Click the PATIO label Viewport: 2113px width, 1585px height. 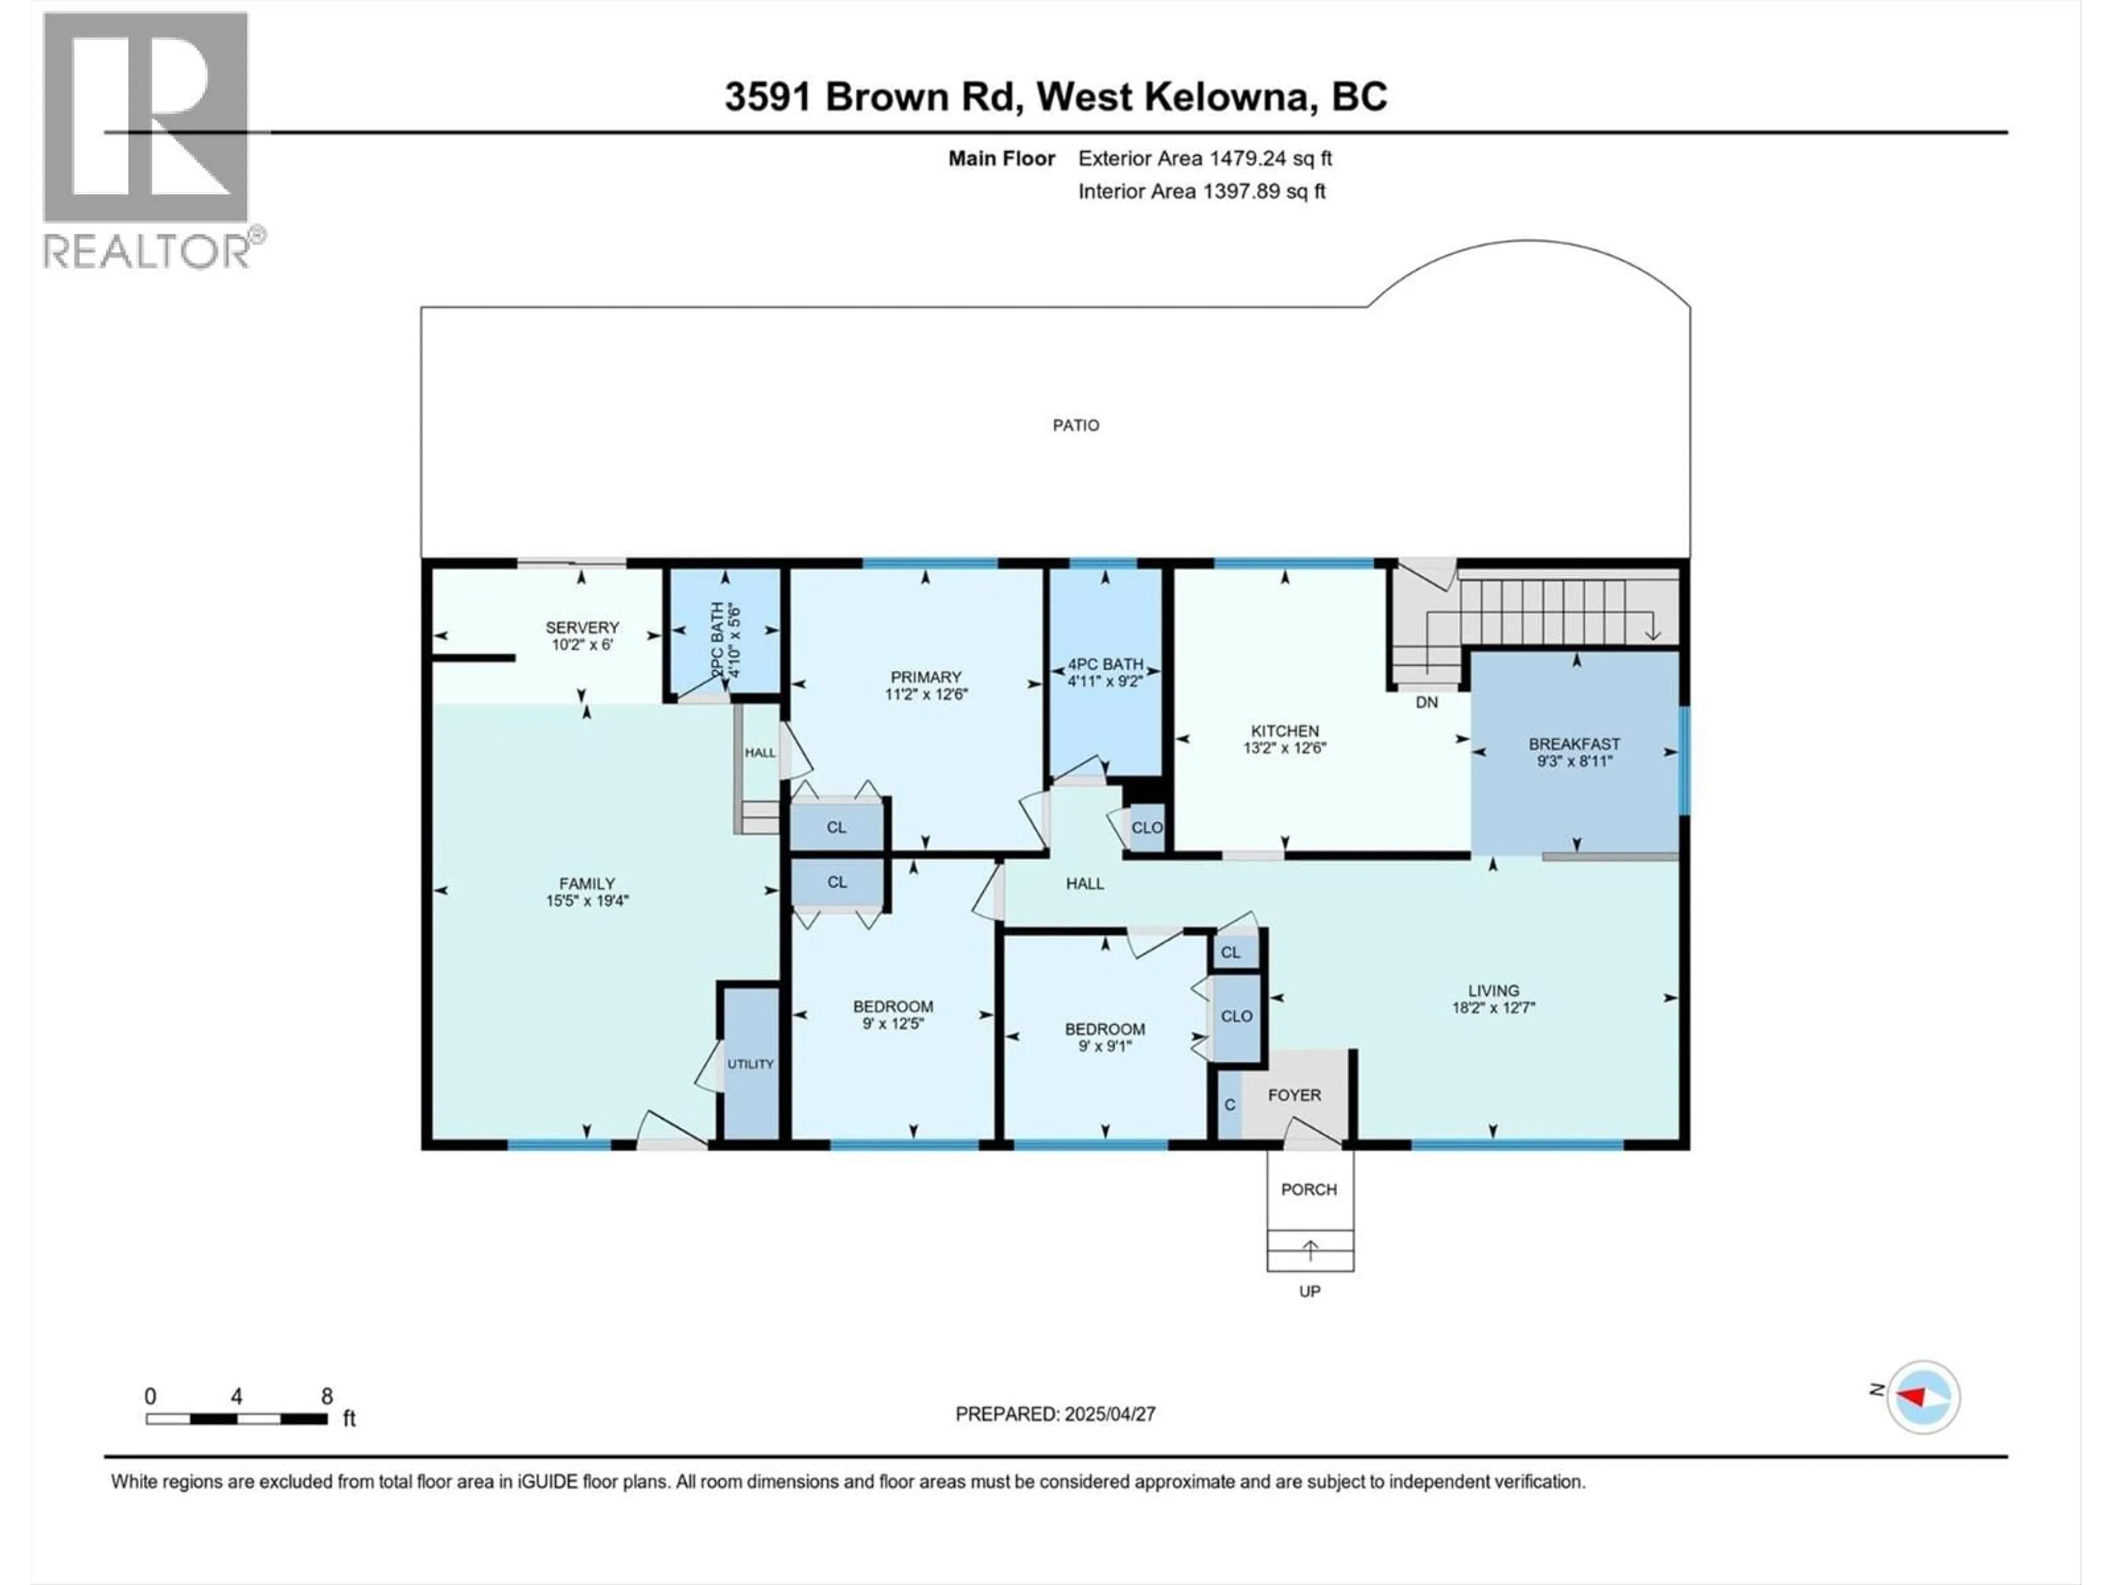pos(1076,425)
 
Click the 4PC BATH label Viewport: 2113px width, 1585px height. pos(1105,664)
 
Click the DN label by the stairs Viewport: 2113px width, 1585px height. pos(1426,702)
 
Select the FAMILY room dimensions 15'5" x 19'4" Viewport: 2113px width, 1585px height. pos(587,900)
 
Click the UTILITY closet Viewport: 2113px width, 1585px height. pos(751,1063)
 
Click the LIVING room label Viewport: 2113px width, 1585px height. pos(1493,991)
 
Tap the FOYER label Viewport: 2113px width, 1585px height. pos(1294,1095)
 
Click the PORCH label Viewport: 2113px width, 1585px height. pos(1309,1189)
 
